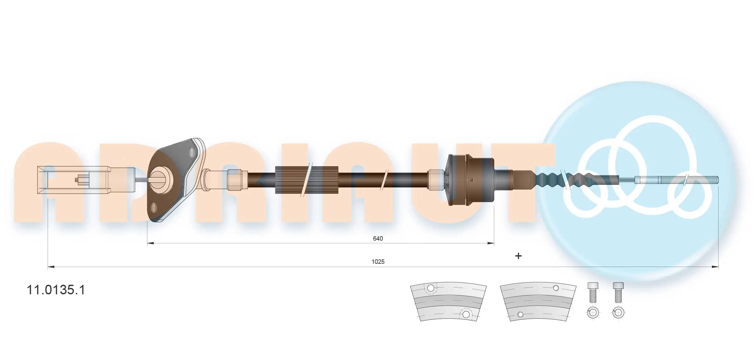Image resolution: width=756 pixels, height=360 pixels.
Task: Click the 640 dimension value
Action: (x=378, y=238)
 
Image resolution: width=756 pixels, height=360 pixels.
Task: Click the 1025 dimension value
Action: (x=378, y=262)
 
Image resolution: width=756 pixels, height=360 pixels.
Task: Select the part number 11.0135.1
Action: (x=56, y=290)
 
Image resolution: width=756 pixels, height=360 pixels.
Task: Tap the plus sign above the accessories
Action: (x=518, y=256)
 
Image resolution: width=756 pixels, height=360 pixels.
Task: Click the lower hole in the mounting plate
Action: (x=154, y=208)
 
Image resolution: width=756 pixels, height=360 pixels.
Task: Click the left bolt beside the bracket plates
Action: (x=593, y=292)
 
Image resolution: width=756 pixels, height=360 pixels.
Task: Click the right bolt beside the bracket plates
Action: (x=618, y=292)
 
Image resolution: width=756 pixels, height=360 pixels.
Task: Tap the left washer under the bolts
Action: (x=593, y=313)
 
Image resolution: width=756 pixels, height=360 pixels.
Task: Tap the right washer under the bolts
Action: (x=618, y=313)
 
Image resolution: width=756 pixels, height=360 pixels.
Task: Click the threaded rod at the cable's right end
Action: (x=689, y=180)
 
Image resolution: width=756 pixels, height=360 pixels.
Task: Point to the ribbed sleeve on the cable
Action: (x=307, y=180)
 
